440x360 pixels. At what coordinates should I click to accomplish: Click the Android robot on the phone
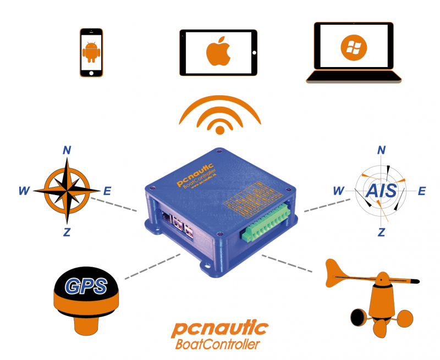pos(91,53)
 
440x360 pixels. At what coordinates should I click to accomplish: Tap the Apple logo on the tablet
pos(218,52)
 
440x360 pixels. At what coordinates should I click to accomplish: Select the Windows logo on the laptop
pos(350,48)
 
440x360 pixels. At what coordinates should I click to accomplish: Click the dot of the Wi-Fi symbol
pos(220,130)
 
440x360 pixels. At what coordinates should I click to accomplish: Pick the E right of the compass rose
pos(107,191)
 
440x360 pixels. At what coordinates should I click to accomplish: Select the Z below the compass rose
pos(67,232)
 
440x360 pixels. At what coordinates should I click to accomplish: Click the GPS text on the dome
pos(82,285)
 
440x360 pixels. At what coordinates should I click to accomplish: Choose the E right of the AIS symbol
pos(422,191)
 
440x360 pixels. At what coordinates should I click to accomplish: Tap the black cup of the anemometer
pos(358,317)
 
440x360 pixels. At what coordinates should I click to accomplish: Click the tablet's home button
pos(254,53)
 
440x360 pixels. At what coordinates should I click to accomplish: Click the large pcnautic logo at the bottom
pos(219,329)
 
